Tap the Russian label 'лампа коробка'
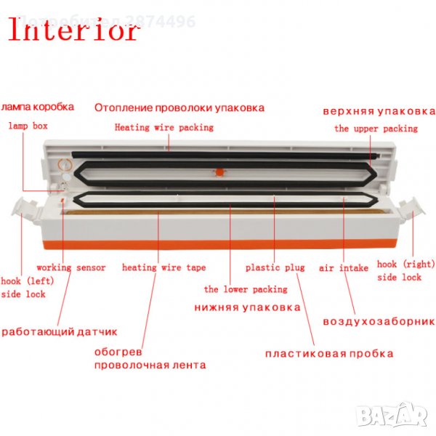tap(37, 107)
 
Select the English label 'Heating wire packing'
tap(164, 127)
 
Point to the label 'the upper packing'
tap(376, 129)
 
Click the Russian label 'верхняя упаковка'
tap(379, 111)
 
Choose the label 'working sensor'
tap(71, 267)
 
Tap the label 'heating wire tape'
tap(163, 267)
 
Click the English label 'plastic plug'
tap(275, 267)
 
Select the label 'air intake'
tap(344, 267)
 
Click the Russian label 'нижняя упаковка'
tap(247, 307)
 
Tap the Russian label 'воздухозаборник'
tap(379, 320)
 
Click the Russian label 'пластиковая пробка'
tap(329, 354)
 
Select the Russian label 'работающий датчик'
tap(60, 332)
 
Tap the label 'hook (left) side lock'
tap(24, 287)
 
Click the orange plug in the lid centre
tap(216, 172)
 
